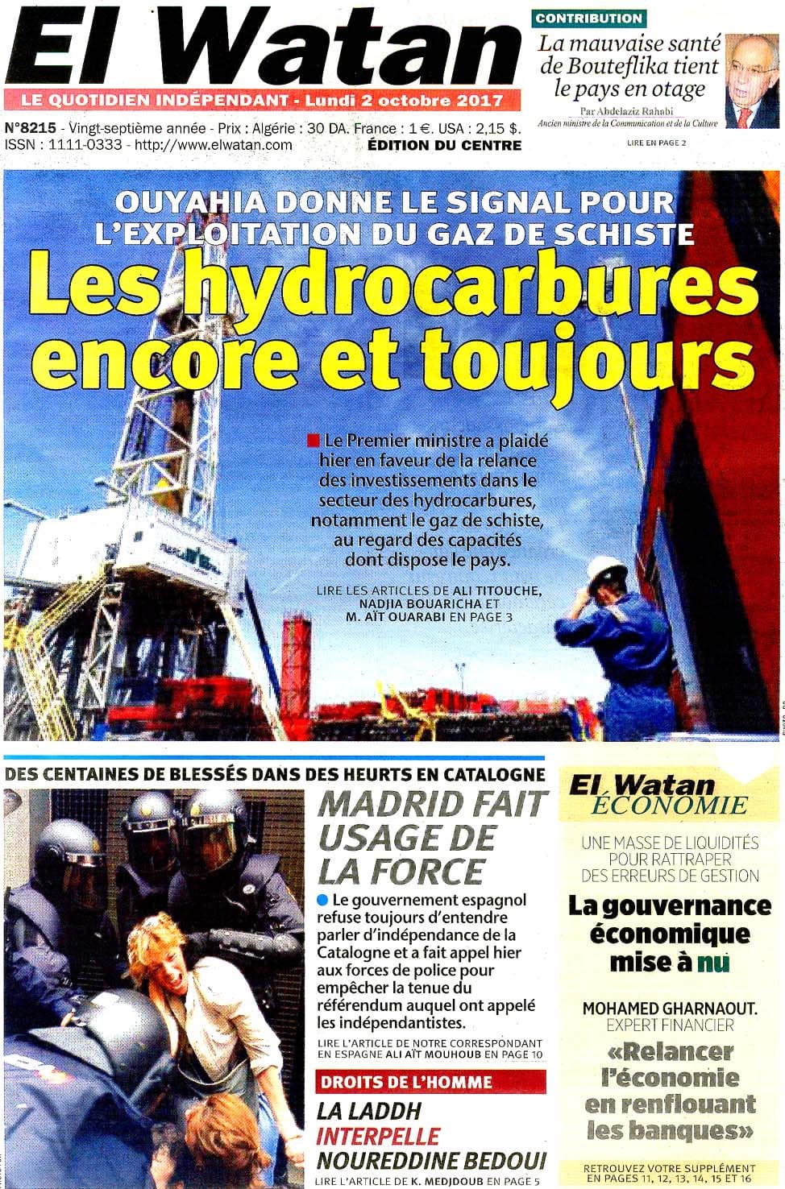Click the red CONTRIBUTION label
point(588,18)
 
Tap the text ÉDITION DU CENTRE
point(444,145)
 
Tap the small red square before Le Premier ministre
point(313,441)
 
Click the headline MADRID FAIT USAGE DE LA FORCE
point(432,838)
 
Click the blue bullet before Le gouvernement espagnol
point(323,899)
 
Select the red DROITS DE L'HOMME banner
point(419,1082)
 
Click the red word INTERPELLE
point(378,1136)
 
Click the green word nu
point(712,962)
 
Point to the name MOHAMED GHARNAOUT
point(669,1008)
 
